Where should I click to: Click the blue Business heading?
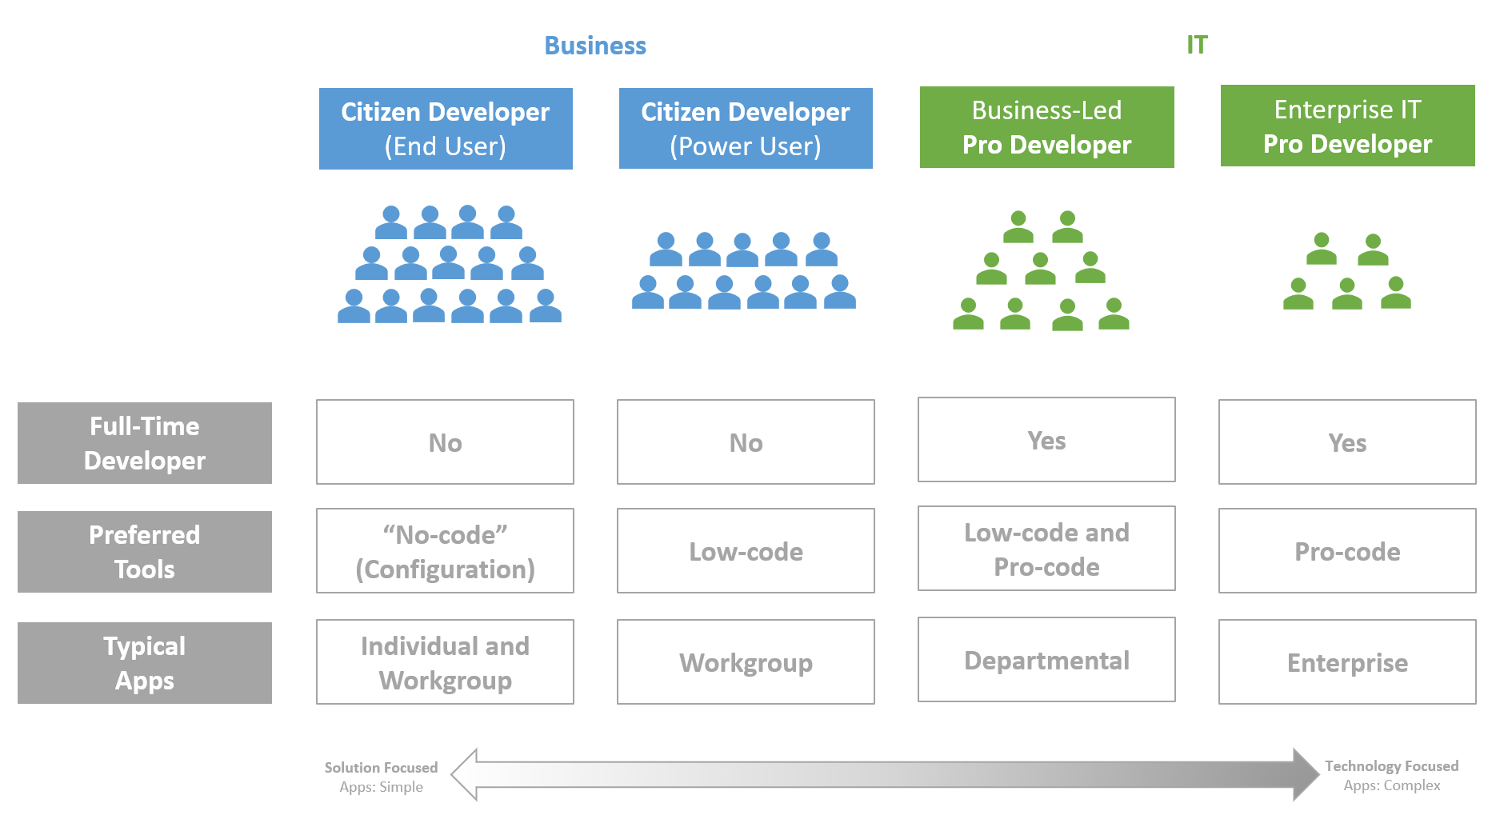coord(595,46)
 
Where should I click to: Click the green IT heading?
coord(1197,45)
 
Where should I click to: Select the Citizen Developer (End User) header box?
coord(446,129)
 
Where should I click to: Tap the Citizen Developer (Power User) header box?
coord(746,129)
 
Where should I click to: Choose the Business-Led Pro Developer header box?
coord(1047,127)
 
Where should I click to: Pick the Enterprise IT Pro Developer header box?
coord(1348,126)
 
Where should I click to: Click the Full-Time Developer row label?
coord(145,443)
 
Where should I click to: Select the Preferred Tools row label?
coord(145,552)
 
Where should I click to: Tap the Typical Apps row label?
coord(145,663)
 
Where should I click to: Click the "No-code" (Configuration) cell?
coord(446,551)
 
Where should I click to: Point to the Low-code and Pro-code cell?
coord(1046,549)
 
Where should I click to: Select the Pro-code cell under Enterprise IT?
coord(1347,551)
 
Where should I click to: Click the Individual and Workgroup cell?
coord(446,662)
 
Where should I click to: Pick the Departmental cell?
coord(1046,660)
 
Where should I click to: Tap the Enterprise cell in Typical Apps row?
coord(1347,662)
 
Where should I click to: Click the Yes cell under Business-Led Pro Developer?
coord(1046,440)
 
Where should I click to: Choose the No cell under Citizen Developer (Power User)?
coord(746,442)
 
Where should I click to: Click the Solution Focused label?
coord(381,768)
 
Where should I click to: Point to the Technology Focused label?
coord(1392,766)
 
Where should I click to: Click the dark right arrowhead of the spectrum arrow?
coord(1306,774)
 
